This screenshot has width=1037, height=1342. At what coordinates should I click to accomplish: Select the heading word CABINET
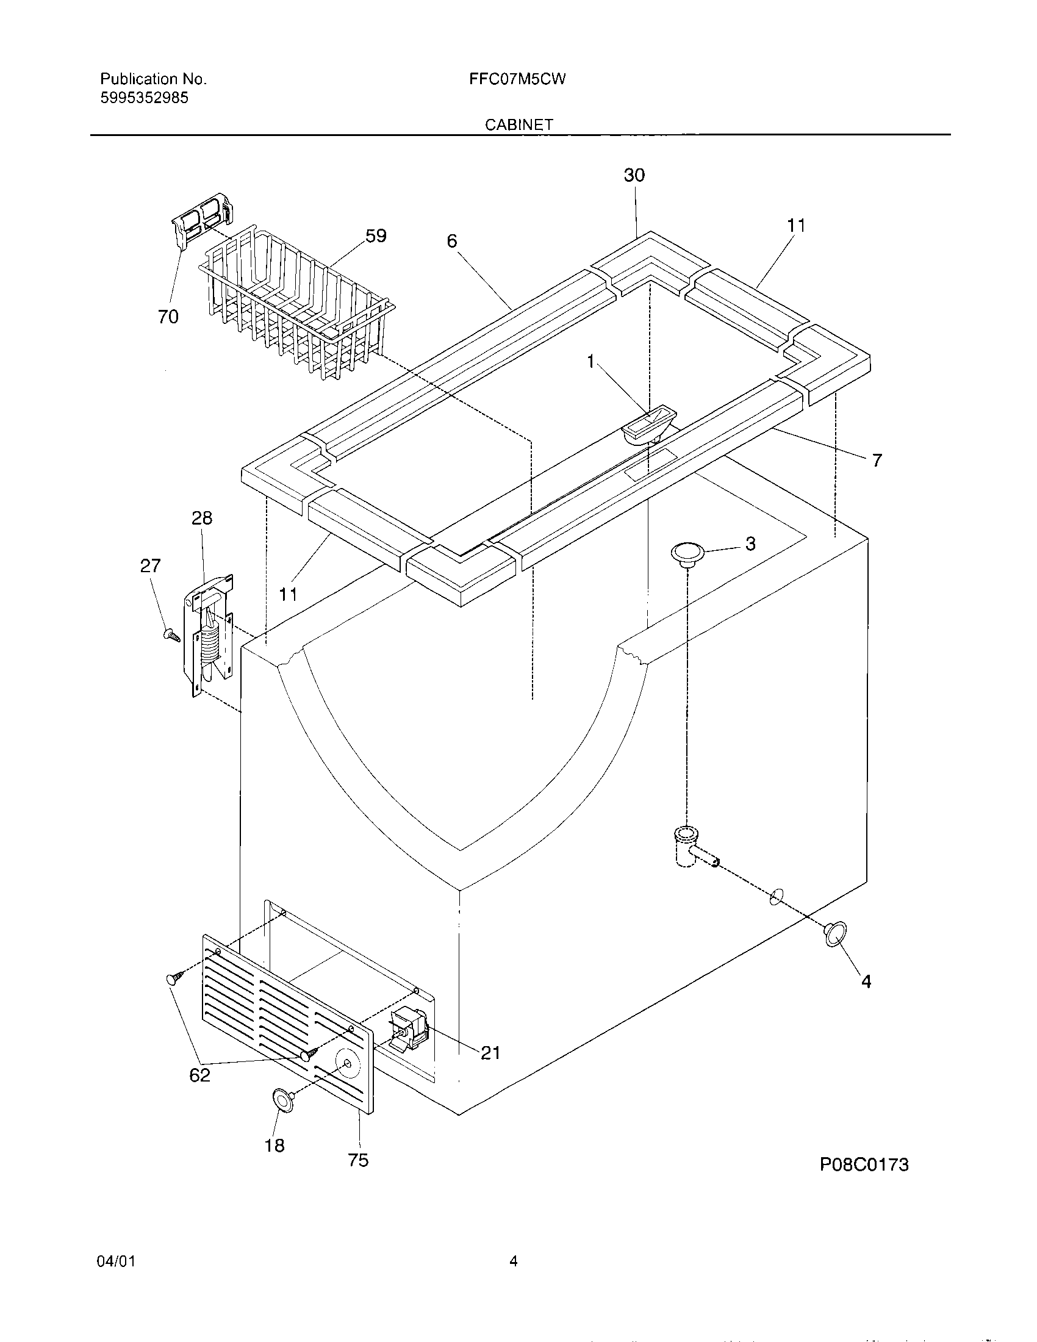click(518, 124)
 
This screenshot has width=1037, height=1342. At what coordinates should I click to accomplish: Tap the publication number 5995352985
click(145, 98)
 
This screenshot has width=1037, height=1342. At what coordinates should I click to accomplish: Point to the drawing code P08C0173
click(864, 1164)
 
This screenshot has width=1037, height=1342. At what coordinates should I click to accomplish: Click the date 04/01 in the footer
click(116, 1262)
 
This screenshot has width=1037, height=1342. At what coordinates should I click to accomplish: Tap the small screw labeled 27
click(171, 636)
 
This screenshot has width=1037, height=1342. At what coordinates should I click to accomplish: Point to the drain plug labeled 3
click(687, 552)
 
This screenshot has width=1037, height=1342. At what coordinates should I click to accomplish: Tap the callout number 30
click(634, 176)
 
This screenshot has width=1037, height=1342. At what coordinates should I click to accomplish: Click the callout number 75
click(358, 1160)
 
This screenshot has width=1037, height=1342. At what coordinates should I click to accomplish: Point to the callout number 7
click(877, 459)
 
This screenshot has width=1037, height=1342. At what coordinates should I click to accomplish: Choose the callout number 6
click(452, 242)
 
